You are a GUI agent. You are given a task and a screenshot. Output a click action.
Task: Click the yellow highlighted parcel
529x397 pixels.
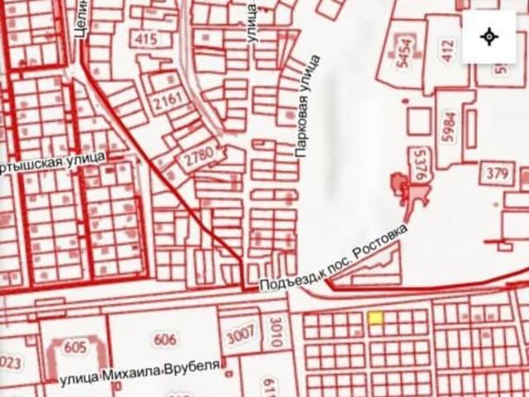[375, 318]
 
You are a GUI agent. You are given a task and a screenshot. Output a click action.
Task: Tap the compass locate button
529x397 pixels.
[488, 37]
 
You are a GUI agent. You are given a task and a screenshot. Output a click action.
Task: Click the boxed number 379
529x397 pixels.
[497, 174]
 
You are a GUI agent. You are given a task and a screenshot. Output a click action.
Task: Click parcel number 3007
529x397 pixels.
[241, 336]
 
